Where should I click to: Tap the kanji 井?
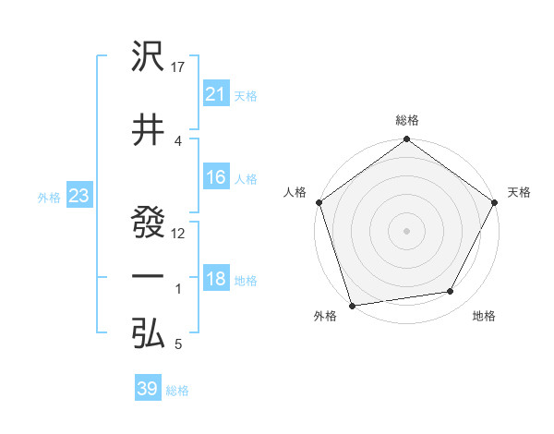tap(149, 130)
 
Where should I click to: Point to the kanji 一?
tap(149, 276)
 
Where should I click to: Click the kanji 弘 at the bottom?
tap(149, 333)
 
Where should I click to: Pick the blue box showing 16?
tap(215, 177)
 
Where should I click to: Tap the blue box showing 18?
tap(215, 280)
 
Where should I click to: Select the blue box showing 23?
tap(78, 196)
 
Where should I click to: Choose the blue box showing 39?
tap(148, 389)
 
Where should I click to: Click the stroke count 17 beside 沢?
tap(179, 67)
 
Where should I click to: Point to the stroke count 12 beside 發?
tap(179, 233)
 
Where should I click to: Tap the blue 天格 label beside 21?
tap(246, 95)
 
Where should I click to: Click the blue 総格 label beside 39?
tap(177, 391)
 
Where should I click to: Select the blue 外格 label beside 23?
tap(48, 198)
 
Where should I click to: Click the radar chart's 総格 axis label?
tap(407, 121)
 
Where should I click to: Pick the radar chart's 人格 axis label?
tap(295, 192)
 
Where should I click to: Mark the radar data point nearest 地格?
tap(451, 292)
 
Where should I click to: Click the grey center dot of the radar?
tap(406, 230)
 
